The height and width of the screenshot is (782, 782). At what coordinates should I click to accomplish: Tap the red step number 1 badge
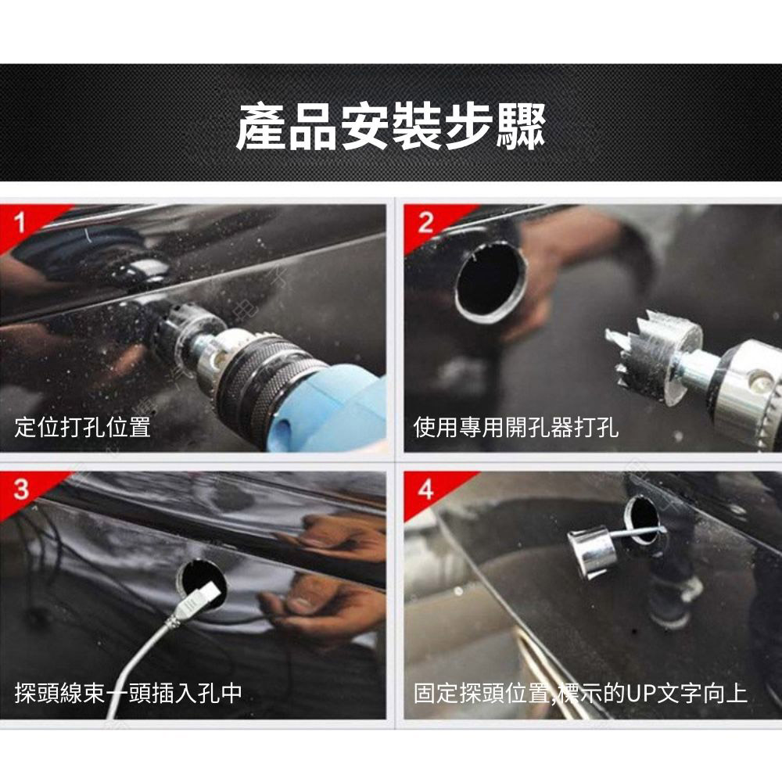click(21, 222)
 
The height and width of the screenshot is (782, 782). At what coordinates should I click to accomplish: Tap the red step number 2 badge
click(425, 222)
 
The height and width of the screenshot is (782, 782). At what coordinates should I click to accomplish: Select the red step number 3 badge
click(21, 490)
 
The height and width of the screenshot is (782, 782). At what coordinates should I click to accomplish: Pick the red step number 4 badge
click(425, 490)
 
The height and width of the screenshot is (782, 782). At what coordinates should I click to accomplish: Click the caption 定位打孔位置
click(83, 427)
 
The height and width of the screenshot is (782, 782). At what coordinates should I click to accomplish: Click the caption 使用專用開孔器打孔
click(516, 427)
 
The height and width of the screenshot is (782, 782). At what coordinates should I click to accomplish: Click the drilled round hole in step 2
click(490, 282)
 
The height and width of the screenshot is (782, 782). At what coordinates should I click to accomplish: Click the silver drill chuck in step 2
click(743, 391)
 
